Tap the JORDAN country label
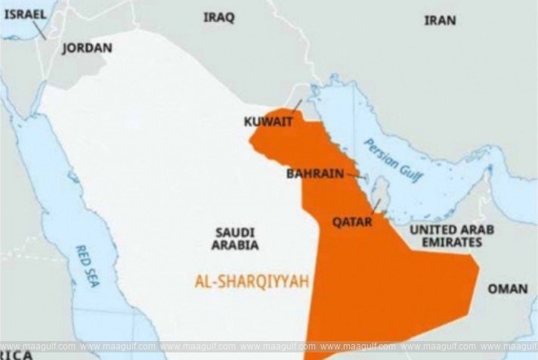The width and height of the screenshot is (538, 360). click(87, 48)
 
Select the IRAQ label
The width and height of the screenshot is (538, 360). click(218, 17)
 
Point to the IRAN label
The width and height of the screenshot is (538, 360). click(440, 20)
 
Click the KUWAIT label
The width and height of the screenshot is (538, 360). click(268, 121)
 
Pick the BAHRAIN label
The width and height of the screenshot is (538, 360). click(315, 173)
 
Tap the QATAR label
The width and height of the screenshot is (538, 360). click(352, 222)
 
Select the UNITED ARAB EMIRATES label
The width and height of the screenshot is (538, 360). click(446, 235)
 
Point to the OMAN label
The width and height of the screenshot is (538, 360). click(508, 288)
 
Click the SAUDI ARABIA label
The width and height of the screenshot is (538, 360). click(235, 238)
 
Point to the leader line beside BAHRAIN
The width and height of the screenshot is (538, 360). click(356, 175)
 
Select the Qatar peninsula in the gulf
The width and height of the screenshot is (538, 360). click(382, 192)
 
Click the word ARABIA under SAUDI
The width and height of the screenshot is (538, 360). click(235, 246)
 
